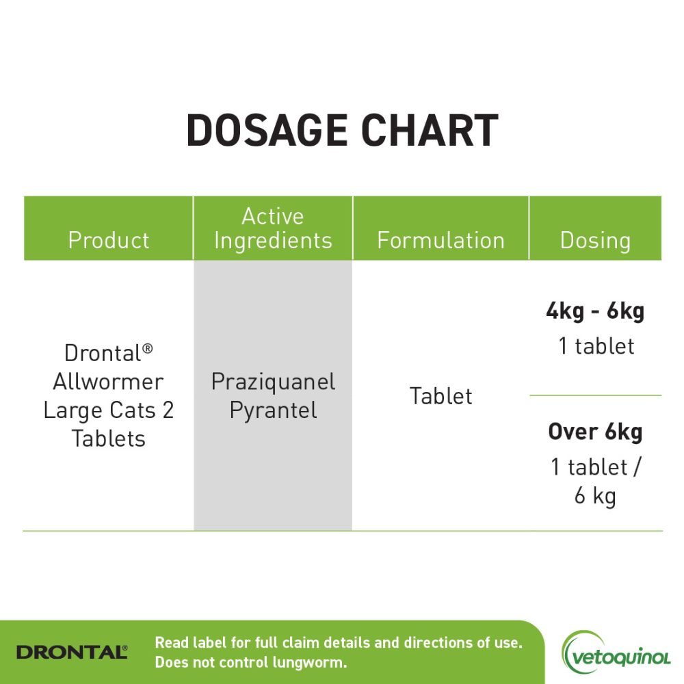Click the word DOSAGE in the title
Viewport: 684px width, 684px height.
click(263, 131)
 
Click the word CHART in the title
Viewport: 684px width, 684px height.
click(430, 131)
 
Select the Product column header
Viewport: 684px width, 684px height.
click(109, 240)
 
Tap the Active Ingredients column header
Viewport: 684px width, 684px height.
click(273, 228)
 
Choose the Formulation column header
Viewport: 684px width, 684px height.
click(440, 240)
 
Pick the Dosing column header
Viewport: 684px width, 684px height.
click(595, 240)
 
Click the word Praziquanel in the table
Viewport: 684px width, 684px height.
click(273, 382)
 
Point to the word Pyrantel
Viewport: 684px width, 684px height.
click(273, 410)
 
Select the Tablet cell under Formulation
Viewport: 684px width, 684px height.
click(440, 396)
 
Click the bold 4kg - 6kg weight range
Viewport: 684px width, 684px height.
click(595, 312)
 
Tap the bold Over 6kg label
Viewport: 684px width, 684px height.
click(595, 432)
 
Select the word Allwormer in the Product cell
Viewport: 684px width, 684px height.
click(109, 382)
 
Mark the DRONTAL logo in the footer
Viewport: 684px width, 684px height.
click(72, 652)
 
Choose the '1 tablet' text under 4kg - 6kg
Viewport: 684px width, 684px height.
click(595, 346)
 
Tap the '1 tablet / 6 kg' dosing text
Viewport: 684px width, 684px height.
click(595, 481)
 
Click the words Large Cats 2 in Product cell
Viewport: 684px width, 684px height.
click(109, 410)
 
